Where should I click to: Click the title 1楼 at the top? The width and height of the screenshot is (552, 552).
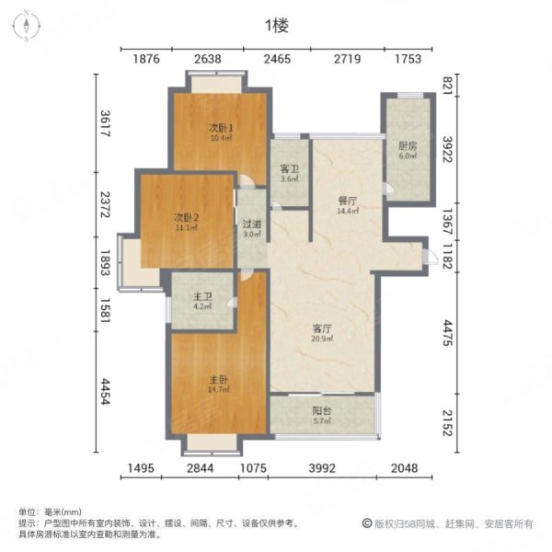[276, 27]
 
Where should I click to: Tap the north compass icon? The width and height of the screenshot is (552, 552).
[28, 25]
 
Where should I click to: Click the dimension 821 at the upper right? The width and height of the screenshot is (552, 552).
[449, 86]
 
